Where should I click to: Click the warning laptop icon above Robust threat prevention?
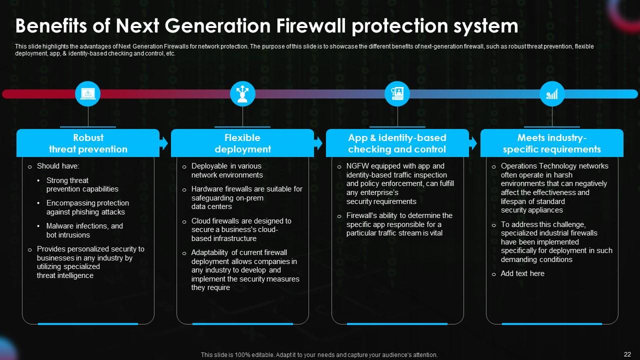(x=88, y=93)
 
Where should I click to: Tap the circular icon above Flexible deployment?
(x=242, y=93)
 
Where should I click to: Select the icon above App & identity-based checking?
(x=397, y=93)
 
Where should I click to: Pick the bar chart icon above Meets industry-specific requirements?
(x=552, y=93)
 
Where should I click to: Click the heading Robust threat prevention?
(x=88, y=143)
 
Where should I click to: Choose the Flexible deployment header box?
(x=242, y=143)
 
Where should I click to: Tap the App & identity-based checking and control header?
(x=397, y=143)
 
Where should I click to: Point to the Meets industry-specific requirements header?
(x=551, y=143)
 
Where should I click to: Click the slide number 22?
(x=627, y=354)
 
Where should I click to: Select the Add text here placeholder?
(x=522, y=273)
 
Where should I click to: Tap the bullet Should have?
(x=58, y=166)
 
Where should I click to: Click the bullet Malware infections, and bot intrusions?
(x=84, y=230)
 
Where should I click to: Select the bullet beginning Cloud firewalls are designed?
(x=241, y=229)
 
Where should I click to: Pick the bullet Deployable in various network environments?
(x=227, y=170)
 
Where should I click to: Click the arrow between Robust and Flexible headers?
(x=164, y=143)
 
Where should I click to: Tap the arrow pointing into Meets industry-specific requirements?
(x=473, y=143)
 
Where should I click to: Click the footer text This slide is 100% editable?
(x=319, y=355)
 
